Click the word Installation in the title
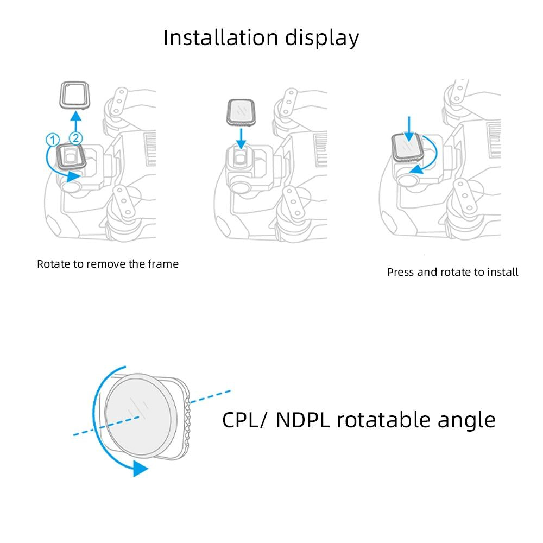pyautogui.click(x=220, y=38)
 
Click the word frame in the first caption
pyautogui.click(x=164, y=264)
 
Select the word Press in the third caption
pyautogui.click(x=401, y=272)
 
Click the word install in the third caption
pyautogui.click(x=502, y=272)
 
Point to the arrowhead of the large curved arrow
pyautogui.click(x=140, y=468)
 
